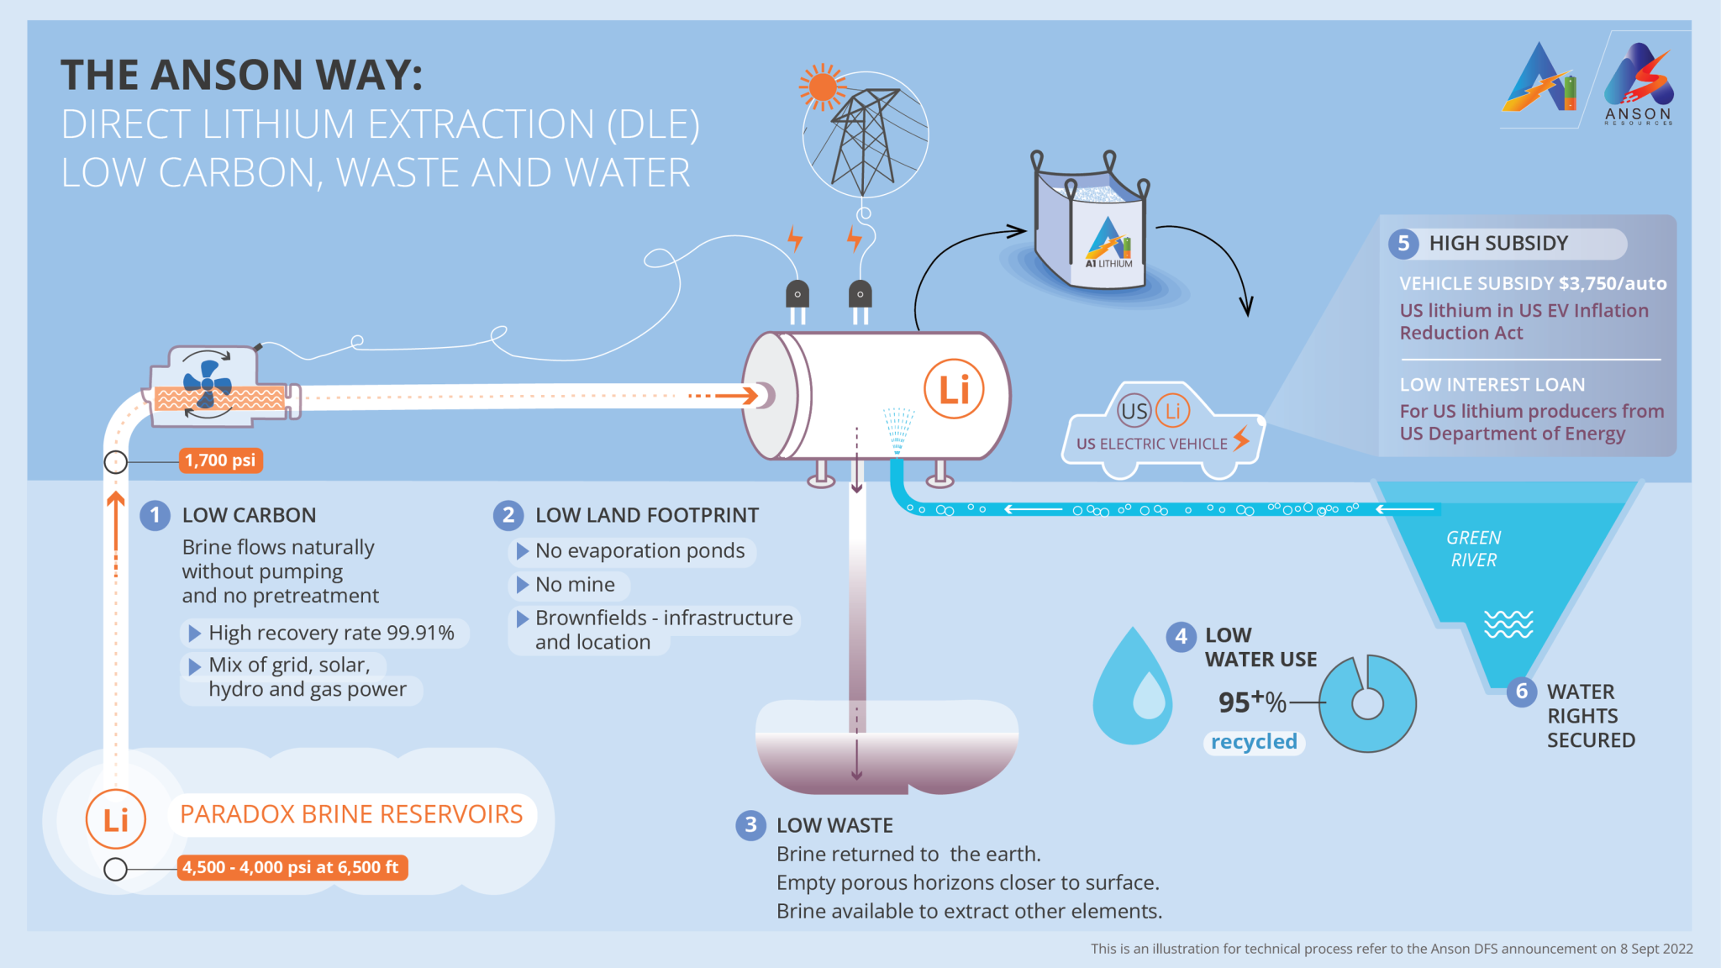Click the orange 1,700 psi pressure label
[x=220, y=460]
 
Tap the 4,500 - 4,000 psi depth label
[x=291, y=867]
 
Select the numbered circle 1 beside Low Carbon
[x=155, y=515]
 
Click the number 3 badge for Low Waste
[x=750, y=825]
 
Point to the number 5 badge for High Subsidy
[x=1403, y=244]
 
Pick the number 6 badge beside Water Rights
[x=1521, y=692]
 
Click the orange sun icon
[x=822, y=87]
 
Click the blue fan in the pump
[x=207, y=385]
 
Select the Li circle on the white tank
[x=954, y=389]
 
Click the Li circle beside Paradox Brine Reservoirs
[x=116, y=819]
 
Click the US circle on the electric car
[x=1134, y=411]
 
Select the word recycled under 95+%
[x=1254, y=742]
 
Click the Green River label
[x=1473, y=549]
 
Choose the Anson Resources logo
[x=1639, y=84]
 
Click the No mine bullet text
[x=575, y=585]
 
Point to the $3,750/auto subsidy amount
[x=1613, y=284]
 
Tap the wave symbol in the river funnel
[x=1508, y=624]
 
